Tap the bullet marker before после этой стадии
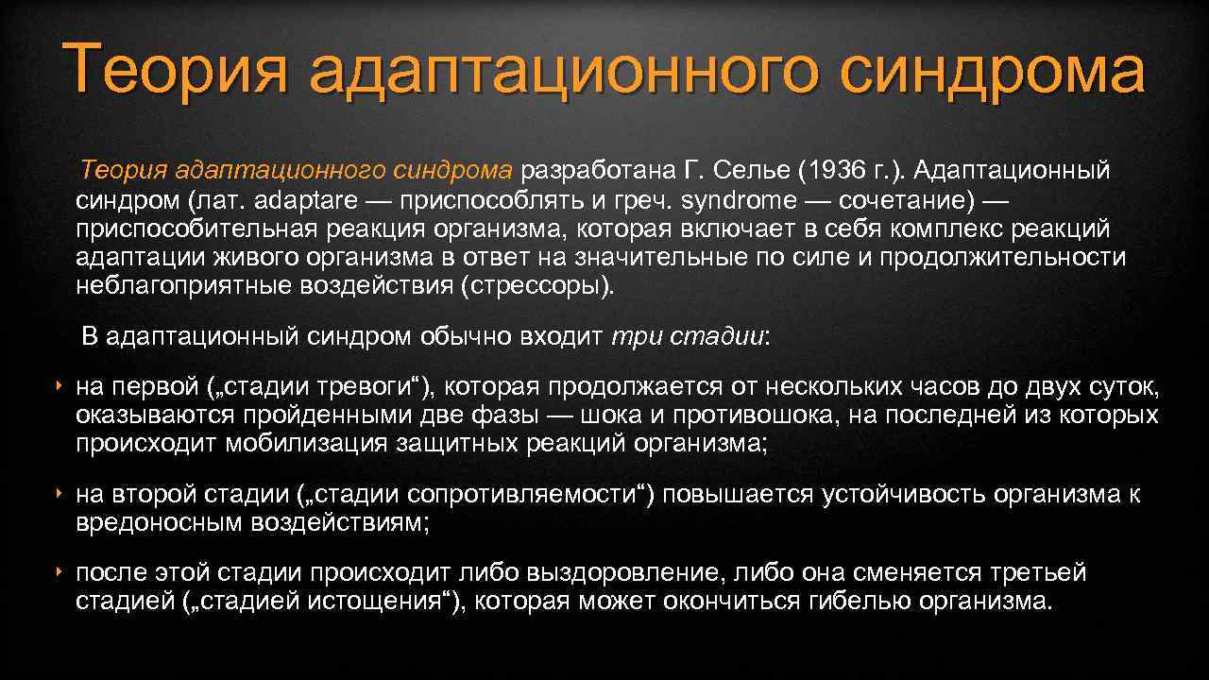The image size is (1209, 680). click(x=59, y=572)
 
